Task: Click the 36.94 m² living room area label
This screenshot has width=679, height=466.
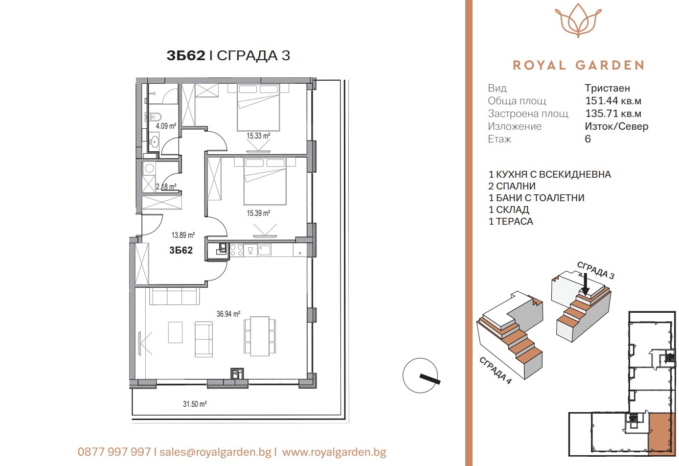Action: click(x=228, y=314)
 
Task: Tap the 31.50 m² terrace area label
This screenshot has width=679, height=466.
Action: click(x=195, y=404)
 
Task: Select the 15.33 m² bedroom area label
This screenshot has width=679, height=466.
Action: click(x=258, y=136)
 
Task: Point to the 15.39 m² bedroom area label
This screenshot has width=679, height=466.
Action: click(x=258, y=213)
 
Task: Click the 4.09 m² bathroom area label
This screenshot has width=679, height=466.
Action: click(x=166, y=126)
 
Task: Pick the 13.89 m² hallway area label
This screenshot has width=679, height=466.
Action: click(x=183, y=235)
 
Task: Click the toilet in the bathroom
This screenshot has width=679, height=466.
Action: click(x=153, y=117)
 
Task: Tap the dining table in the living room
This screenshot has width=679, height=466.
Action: click(x=260, y=336)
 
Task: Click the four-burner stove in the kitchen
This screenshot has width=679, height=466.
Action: click(x=237, y=251)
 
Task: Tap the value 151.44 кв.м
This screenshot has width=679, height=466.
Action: click(x=613, y=101)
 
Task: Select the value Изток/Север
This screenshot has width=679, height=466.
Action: click(x=616, y=127)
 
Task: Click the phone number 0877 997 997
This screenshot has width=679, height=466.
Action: click(x=114, y=452)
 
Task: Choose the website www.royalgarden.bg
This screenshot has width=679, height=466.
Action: click(x=334, y=452)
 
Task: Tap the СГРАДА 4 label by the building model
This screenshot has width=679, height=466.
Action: click(x=495, y=371)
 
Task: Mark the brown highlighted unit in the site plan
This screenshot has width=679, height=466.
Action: click(x=661, y=432)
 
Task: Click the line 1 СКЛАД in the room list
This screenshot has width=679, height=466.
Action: click(x=509, y=210)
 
